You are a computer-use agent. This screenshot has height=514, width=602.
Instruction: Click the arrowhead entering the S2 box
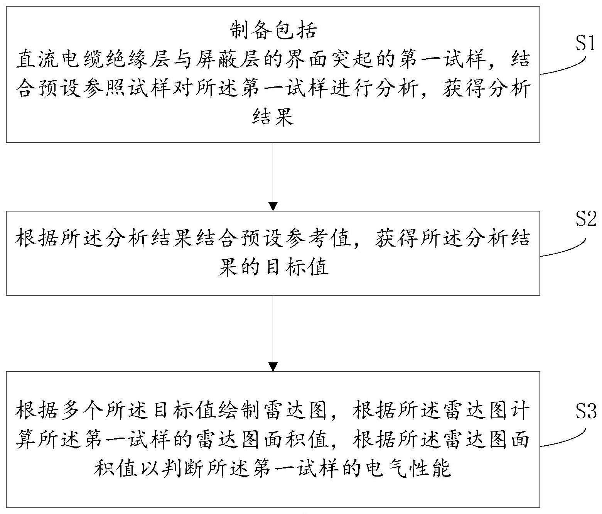273,206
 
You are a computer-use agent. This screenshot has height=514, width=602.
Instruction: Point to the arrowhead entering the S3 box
273,366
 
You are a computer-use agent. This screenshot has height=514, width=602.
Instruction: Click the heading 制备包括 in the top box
273,30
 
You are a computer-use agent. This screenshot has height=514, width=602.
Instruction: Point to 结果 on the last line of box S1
273,117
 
